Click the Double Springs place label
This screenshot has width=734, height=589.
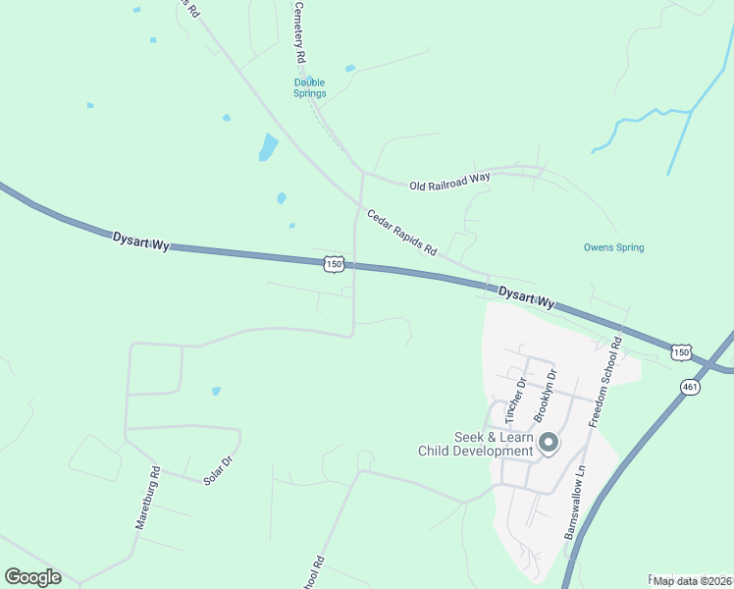pyautogui.click(x=309, y=88)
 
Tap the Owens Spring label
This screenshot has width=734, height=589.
pyautogui.click(x=613, y=247)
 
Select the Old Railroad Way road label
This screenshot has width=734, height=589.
pyautogui.click(x=449, y=181)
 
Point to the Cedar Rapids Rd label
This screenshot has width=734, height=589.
pyautogui.click(x=401, y=233)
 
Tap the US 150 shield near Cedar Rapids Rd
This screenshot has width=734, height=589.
pyautogui.click(x=334, y=264)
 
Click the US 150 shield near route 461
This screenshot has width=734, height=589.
pyautogui.click(x=682, y=351)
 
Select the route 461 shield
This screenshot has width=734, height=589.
pyautogui.click(x=690, y=388)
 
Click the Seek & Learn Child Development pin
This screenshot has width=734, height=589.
pyautogui.click(x=549, y=445)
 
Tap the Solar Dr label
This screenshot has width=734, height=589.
pyautogui.click(x=217, y=471)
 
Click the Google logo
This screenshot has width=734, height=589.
pyautogui.click(x=32, y=577)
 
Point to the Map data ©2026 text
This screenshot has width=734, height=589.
pyautogui.click(x=691, y=581)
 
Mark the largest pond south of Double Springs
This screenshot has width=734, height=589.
pyautogui.click(x=267, y=147)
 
